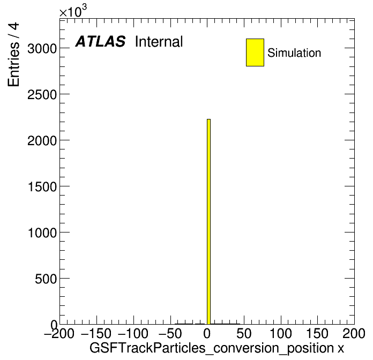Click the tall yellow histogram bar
click(208, 222)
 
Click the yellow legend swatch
click(255, 52)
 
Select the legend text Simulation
click(294, 53)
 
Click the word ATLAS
click(100, 41)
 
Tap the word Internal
click(159, 41)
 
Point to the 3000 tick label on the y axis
click(42, 49)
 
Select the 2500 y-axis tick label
click(42, 95)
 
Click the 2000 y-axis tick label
click(42, 141)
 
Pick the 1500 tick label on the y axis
click(42, 187)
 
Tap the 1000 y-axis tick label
click(42, 233)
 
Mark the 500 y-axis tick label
click(46, 279)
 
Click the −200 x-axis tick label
click(59, 333)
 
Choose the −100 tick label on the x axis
click(133, 333)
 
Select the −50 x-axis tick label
click(170, 333)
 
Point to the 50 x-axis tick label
click(244, 333)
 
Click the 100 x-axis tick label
click(281, 333)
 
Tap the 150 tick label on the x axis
click(318, 333)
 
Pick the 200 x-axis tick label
click(354, 333)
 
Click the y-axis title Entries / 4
click(13, 55)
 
